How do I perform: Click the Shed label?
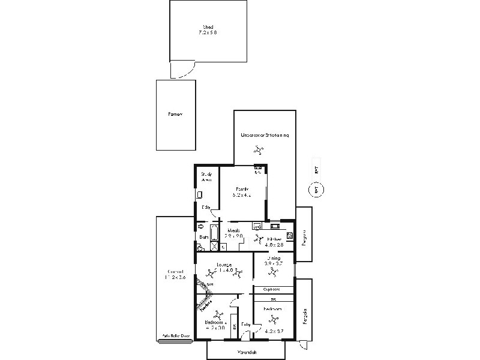(x=208, y=26)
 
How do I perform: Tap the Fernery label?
(x=175, y=114)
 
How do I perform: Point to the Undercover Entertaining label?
(x=265, y=135)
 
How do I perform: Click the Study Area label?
(x=206, y=176)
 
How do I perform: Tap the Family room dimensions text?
(x=242, y=195)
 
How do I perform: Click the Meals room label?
(x=234, y=230)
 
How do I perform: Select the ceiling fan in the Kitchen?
(x=259, y=239)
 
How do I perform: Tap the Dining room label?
(x=273, y=258)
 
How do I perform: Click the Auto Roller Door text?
(x=175, y=337)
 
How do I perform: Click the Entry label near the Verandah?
(x=245, y=325)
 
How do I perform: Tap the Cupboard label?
(x=274, y=289)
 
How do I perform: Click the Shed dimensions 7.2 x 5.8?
(x=208, y=32)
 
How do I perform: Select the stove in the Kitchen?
(x=289, y=235)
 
